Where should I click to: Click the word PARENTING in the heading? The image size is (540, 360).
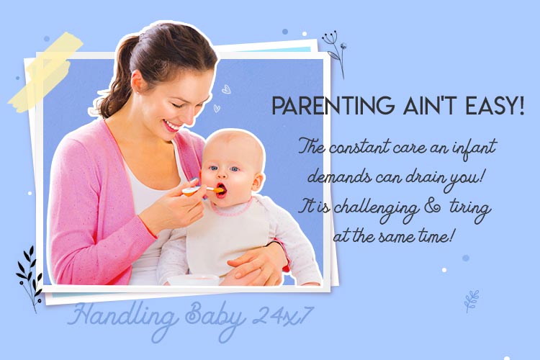click(333, 105)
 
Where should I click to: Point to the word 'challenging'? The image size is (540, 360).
click(377, 209)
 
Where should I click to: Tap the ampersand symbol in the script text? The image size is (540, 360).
click(432, 207)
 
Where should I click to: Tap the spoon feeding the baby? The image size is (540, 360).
click(202, 190)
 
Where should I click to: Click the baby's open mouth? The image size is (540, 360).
click(221, 190)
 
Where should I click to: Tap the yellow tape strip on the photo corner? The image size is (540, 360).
click(45, 72)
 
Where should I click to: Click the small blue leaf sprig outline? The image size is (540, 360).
click(472, 301)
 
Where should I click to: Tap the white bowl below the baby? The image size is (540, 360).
click(194, 279)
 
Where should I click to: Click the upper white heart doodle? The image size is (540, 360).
click(226, 89)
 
